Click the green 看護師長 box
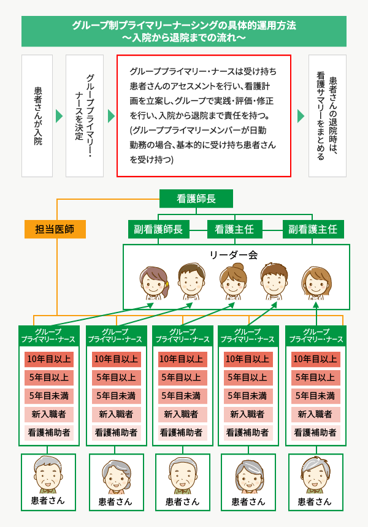(196, 199)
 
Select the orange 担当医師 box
(55, 229)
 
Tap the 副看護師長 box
(158, 229)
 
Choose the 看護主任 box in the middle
(234, 229)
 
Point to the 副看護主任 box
(313, 229)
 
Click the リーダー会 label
(234, 255)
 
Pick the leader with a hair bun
(233, 281)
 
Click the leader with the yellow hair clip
(154, 282)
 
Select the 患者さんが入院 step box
(37, 116)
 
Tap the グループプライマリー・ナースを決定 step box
(85, 116)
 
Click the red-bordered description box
(204, 116)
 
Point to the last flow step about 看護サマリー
(328, 116)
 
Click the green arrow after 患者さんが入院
(59, 116)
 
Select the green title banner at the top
(183, 31)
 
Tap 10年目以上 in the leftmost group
(49, 359)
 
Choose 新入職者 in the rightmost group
(315, 414)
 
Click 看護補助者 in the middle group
(182, 433)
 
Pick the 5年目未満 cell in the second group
(117, 396)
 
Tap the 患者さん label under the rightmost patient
(315, 502)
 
